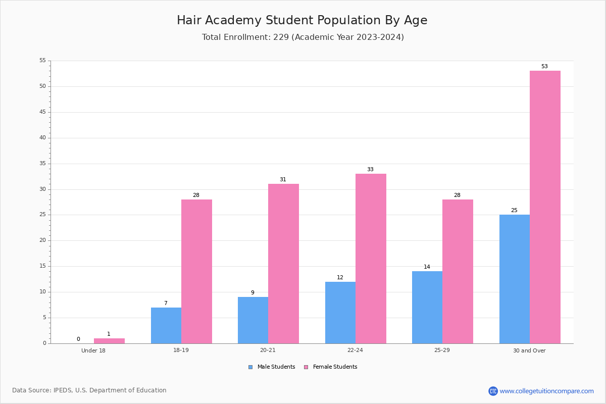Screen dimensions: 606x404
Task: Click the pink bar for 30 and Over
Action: [x=545, y=207]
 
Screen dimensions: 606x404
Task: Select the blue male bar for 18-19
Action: [x=166, y=326]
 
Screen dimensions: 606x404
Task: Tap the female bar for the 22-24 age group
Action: [x=371, y=259]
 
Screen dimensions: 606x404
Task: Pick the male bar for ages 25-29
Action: [x=427, y=308]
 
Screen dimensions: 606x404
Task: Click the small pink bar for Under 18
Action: [x=109, y=341]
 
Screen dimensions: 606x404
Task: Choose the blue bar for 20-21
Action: [x=253, y=320]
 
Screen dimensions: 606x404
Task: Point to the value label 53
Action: [x=544, y=66]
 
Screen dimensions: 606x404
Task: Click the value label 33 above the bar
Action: [x=370, y=169]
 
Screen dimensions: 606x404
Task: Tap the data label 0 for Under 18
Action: [x=78, y=339]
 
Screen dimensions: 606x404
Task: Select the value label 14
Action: [x=427, y=267]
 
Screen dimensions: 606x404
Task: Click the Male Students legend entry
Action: [x=272, y=367]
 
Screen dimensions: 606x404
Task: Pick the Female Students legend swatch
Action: [x=306, y=367]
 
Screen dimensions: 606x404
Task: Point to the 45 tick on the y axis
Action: [x=42, y=112]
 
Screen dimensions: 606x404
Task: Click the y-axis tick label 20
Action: [x=42, y=240]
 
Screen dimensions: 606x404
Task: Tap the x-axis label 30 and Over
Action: [x=529, y=350]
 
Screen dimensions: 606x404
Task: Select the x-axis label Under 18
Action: [x=93, y=350]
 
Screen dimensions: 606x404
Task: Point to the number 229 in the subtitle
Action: [x=281, y=37]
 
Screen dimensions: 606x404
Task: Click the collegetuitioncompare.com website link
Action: [x=546, y=391]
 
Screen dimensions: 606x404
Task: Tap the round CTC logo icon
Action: [x=493, y=391]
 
